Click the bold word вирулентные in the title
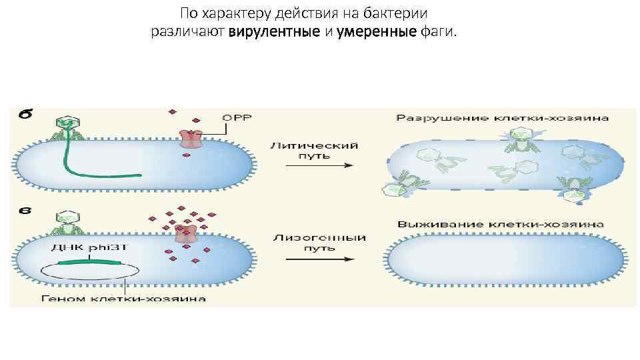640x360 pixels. click(x=263, y=32)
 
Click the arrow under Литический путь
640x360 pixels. click(x=314, y=166)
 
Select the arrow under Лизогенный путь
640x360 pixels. click(x=314, y=259)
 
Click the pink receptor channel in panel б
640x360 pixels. click(x=191, y=139)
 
